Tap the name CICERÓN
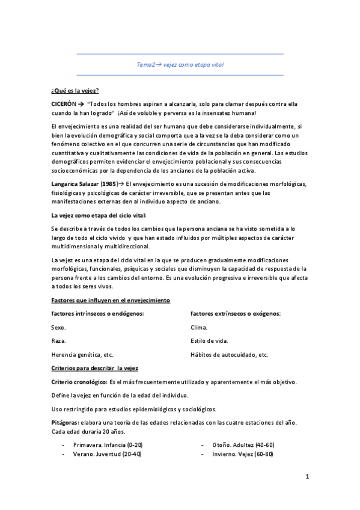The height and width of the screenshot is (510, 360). click(64, 103)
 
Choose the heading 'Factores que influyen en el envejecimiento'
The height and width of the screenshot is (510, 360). click(111, 300)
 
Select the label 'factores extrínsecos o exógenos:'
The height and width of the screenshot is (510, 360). click(236, 313)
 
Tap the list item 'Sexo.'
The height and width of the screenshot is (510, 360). click(58, 327)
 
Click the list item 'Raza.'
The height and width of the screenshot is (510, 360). click(58, 341)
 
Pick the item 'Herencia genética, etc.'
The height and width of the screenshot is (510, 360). click(82, 355)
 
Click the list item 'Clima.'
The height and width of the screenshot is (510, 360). click(198, 327)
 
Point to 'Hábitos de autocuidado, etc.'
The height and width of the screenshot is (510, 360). click(229, 355)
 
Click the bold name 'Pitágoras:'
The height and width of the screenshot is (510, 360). click(66, 423)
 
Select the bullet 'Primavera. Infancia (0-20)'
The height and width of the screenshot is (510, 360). click(107, 444)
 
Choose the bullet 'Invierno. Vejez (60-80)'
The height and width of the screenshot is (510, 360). click(242, 454)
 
